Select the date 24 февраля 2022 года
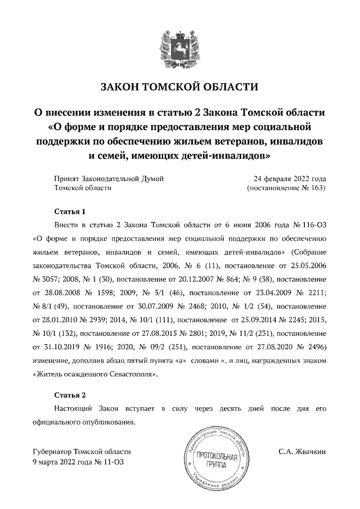pos(289,178)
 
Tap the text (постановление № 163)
pos(287,188)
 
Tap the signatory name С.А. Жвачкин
pos(302,452)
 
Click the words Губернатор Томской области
pos(82,452)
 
